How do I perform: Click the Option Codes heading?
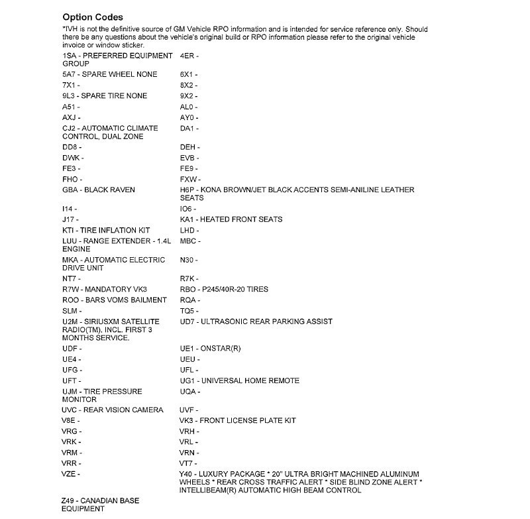tap(92, 16)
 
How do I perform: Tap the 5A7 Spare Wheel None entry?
tap(109, 74)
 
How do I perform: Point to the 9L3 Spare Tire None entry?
tap(105, 96)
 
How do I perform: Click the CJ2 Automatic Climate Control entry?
tap(110, 132)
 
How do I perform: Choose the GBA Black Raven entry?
tap(98, 190)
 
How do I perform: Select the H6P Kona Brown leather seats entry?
tap(297, 194)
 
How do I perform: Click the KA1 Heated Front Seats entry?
tap(231, 219)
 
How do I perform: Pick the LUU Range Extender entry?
tap(117, 245)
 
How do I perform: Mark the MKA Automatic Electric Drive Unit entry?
tap(113, 264)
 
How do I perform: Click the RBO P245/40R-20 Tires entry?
tap(224, 289)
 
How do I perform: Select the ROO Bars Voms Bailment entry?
tap(115, 300)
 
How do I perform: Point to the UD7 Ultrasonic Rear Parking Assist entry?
tap(256, 321)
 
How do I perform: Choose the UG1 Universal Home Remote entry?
tap(239, 380)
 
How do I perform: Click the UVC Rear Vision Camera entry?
tap(113, 410)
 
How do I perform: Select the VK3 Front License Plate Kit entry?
tap(238, 420)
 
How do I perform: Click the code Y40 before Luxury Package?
tap(187, 474)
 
